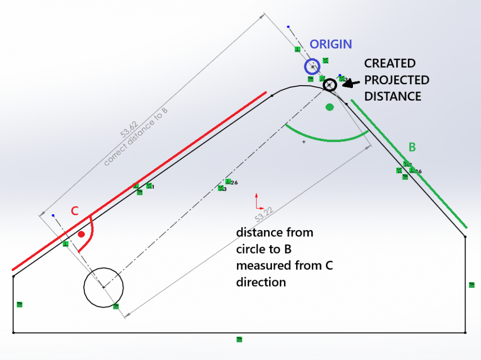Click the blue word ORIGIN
click(x=331, y=44)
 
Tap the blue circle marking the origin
click(x=312, y=67)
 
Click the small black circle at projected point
click(x=329, y=85)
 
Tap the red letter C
click(x=75, y=211)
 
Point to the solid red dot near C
click(x=81, y=234)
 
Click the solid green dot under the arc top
click(x=329, y=107)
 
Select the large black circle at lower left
click(x=104, y=287)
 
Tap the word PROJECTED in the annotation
click(x=396, y=79)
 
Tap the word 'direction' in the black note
click(x=261, y=282)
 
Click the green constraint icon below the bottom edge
click(x=239, y=340)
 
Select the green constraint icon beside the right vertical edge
click(x=472, y=285)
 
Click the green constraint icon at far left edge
click(x=20, y=304)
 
